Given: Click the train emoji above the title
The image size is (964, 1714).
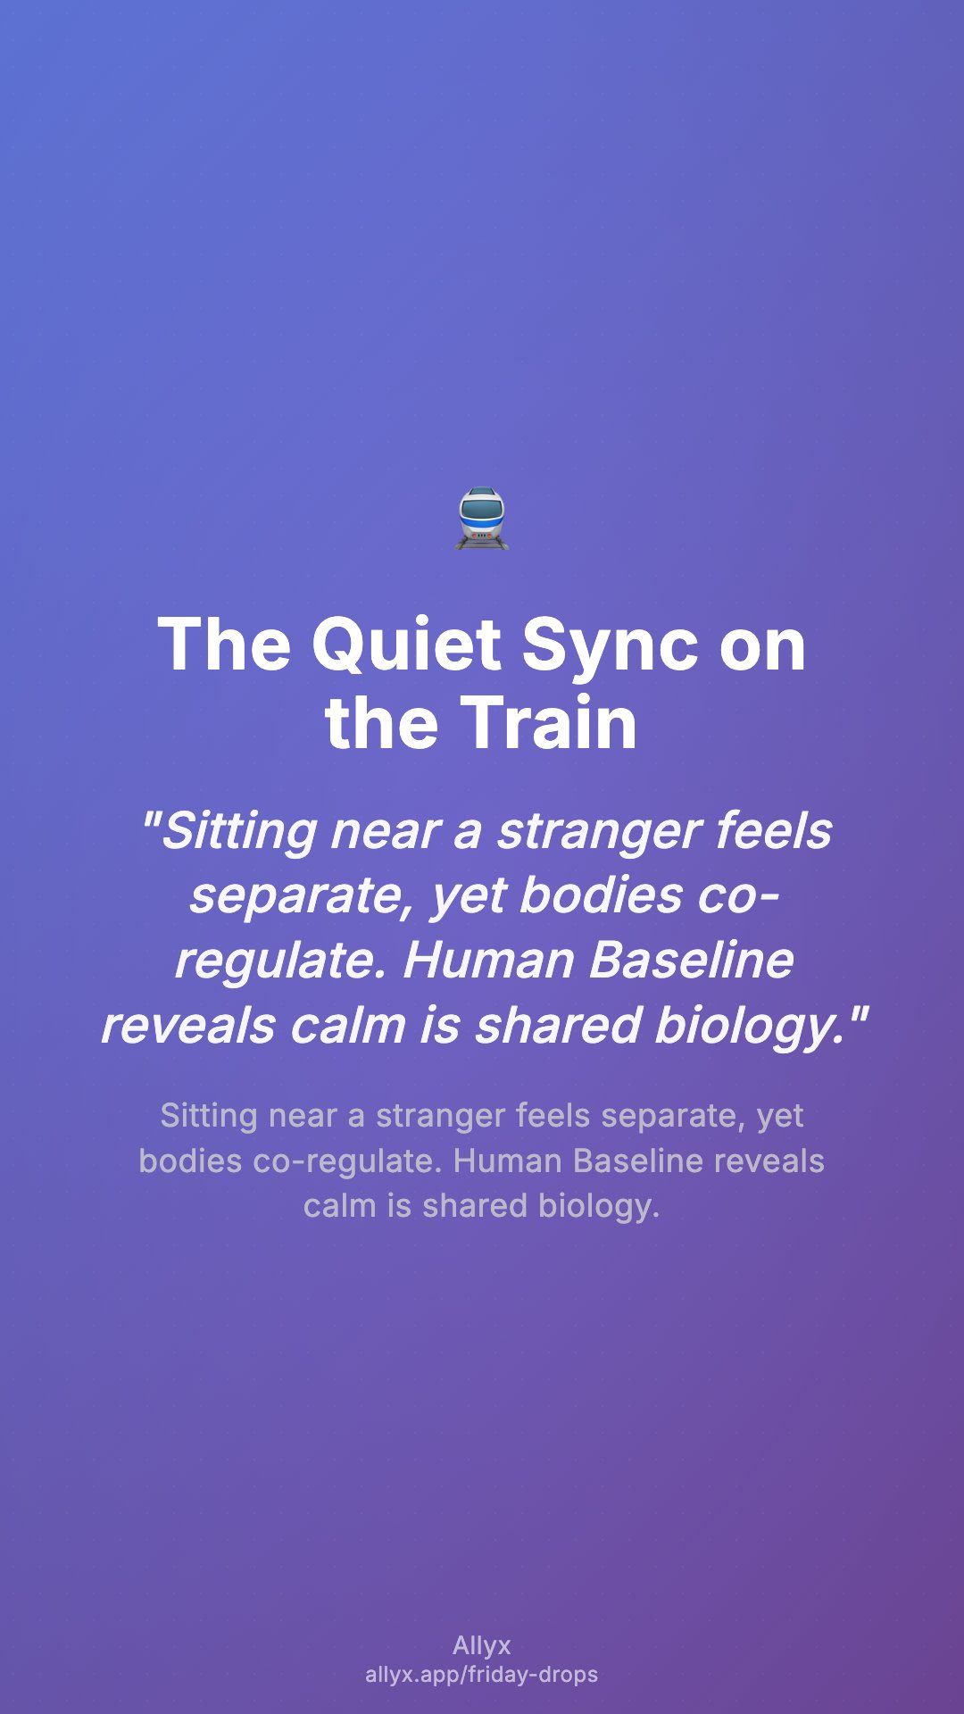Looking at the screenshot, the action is pyautogui.click(x=482, y=519).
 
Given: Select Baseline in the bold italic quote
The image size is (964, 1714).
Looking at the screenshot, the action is pyautogui.click(x=691, y=960).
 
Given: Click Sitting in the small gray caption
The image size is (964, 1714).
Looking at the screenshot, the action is pyautogui.click(x=209, y=1116).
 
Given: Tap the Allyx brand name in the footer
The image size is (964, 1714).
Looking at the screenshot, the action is pyautogui.click(x=482, y=1646).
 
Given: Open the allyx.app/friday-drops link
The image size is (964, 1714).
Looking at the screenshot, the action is pyautogui.click(x=482, y=1675).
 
